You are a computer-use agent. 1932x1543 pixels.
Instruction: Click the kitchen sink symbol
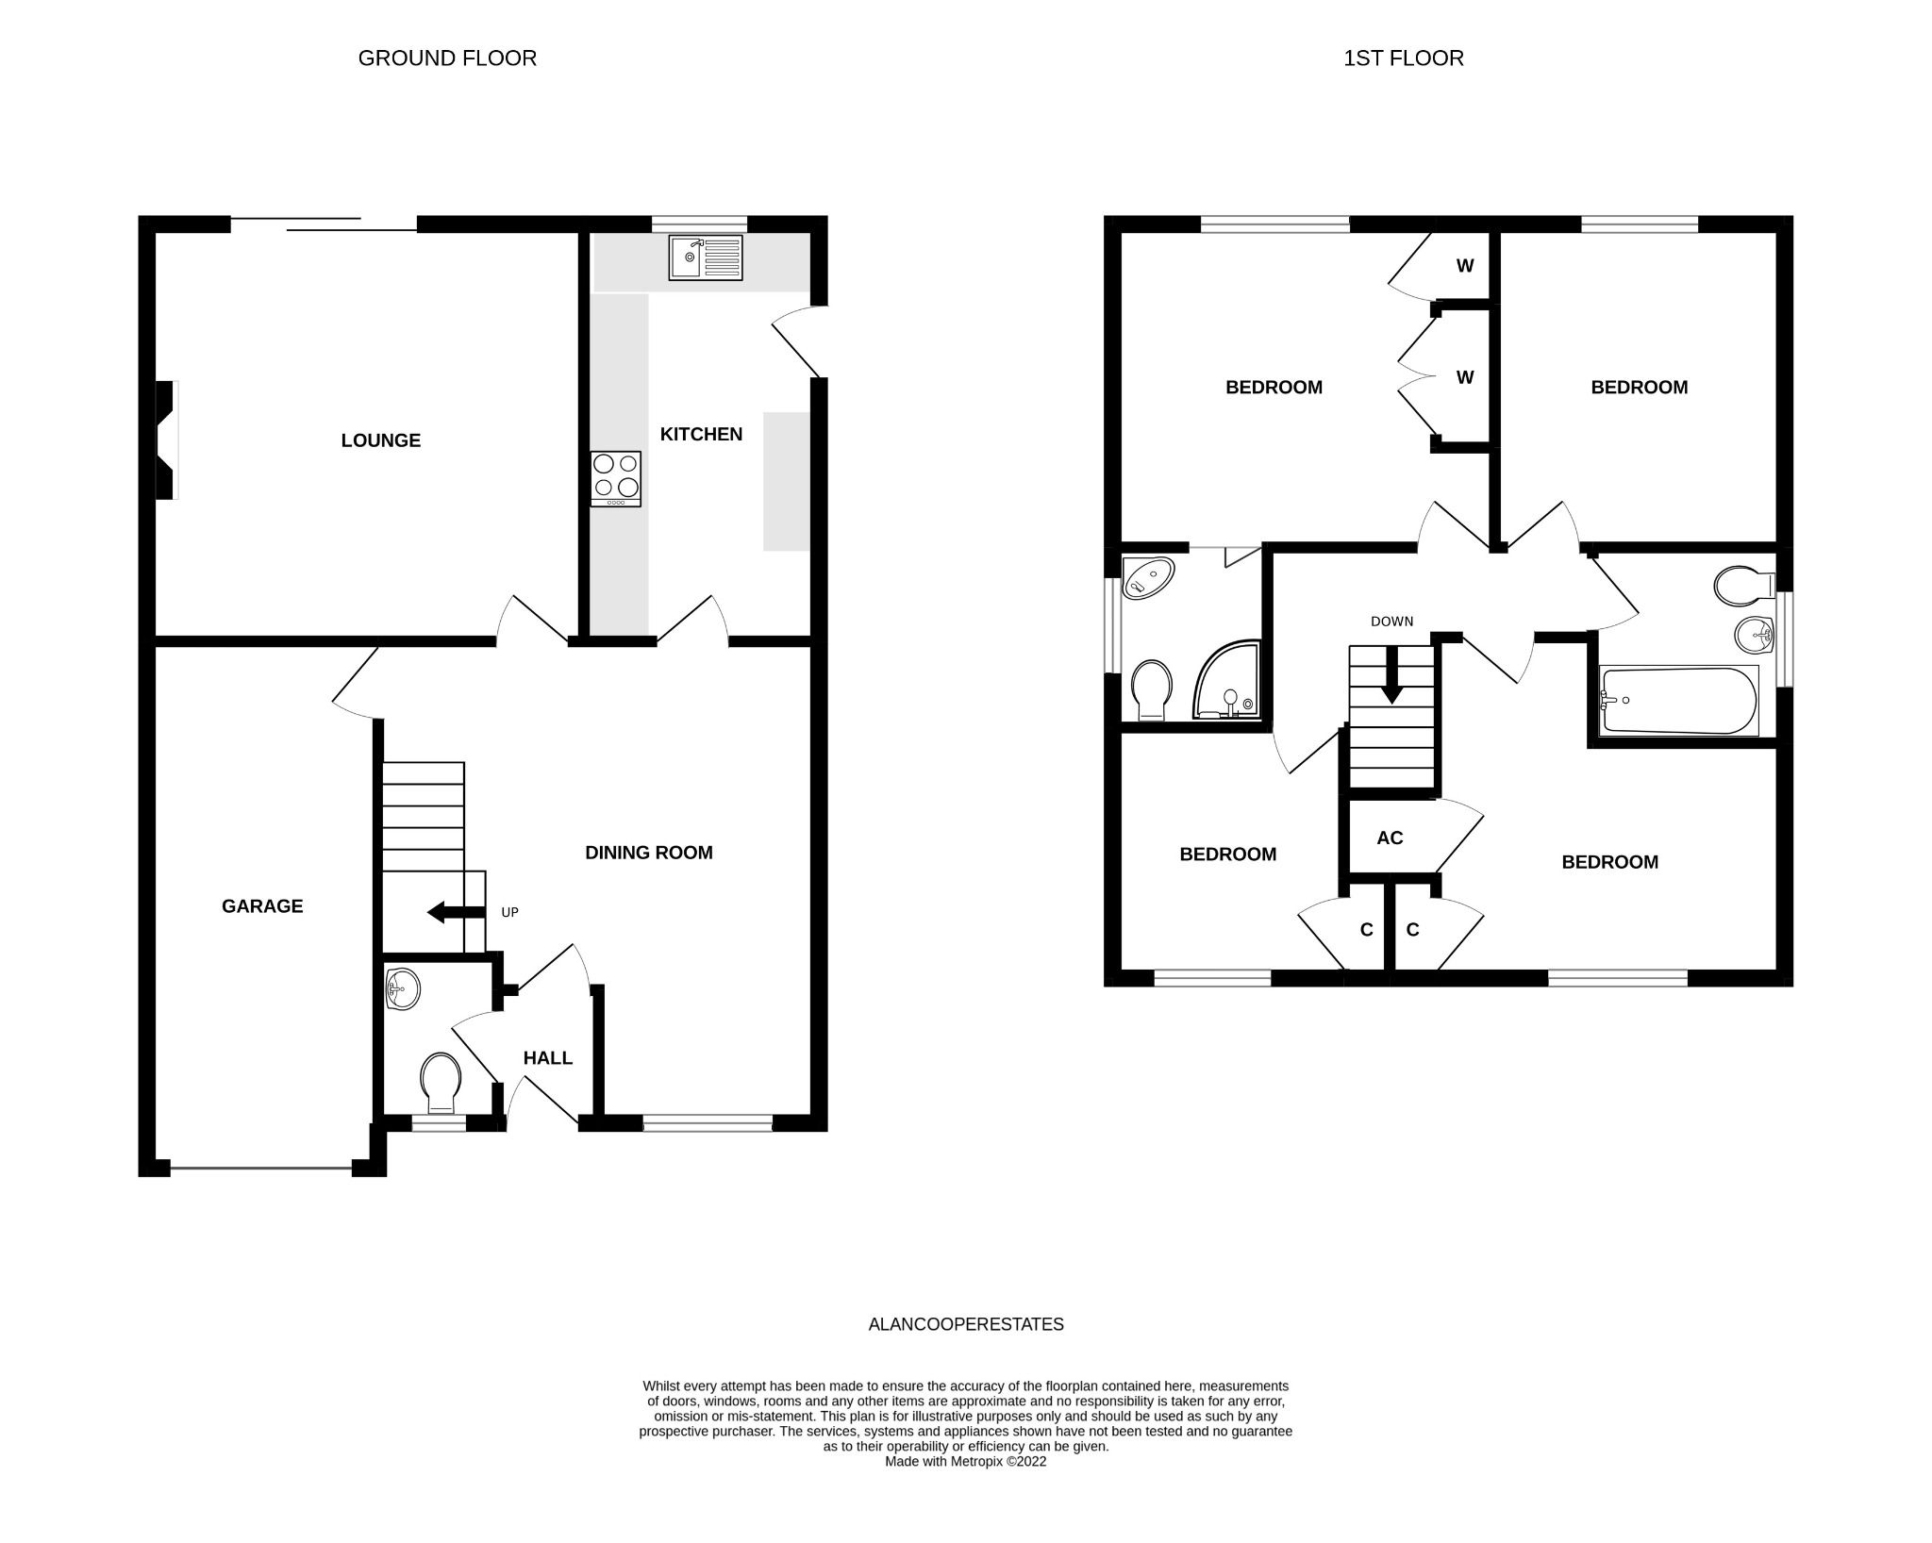coord(707,257)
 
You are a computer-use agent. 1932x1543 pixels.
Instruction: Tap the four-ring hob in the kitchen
coord(615,478)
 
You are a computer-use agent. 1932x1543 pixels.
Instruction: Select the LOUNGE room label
coord(380,440)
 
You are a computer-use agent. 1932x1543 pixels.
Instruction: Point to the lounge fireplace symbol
coord(166,440)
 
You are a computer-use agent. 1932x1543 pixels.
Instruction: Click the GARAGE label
coord(262,906)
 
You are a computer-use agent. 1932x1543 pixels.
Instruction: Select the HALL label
coord(548,1058)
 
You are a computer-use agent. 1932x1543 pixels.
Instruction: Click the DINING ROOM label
coord(648,853)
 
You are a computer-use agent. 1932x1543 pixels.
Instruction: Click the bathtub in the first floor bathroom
coord(1678,701)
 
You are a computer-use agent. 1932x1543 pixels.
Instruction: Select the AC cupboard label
coord(1390,838)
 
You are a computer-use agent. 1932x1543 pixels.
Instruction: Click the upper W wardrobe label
coord(1464,266)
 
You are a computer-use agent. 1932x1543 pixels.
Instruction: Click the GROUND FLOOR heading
coord(447,58)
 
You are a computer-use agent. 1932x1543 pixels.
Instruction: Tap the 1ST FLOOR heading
coord(1403,58)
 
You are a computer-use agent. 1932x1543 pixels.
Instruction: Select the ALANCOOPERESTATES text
coord(965,1324)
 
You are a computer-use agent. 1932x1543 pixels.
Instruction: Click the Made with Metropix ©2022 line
coord(965,1462)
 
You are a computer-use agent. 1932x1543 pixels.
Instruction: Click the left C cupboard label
coord(1366,930)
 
